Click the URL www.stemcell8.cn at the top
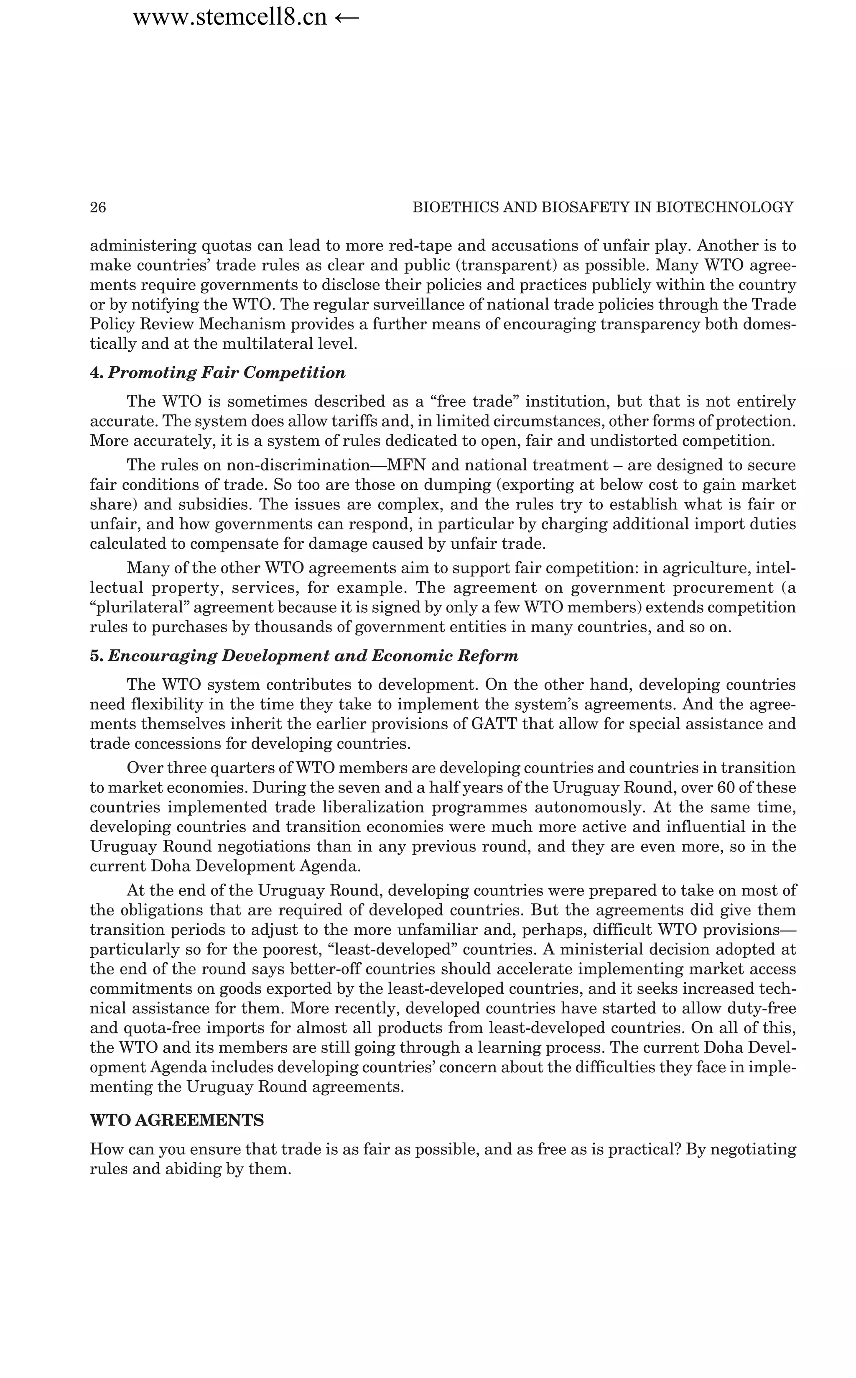click(x=230, y=18)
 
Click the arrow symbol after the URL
click(x=346, y=18)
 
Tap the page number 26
click(x=98, y=207)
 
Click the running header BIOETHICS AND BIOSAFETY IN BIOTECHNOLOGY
click(x=603, y=207)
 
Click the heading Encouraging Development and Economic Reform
click(x=313, y=657)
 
